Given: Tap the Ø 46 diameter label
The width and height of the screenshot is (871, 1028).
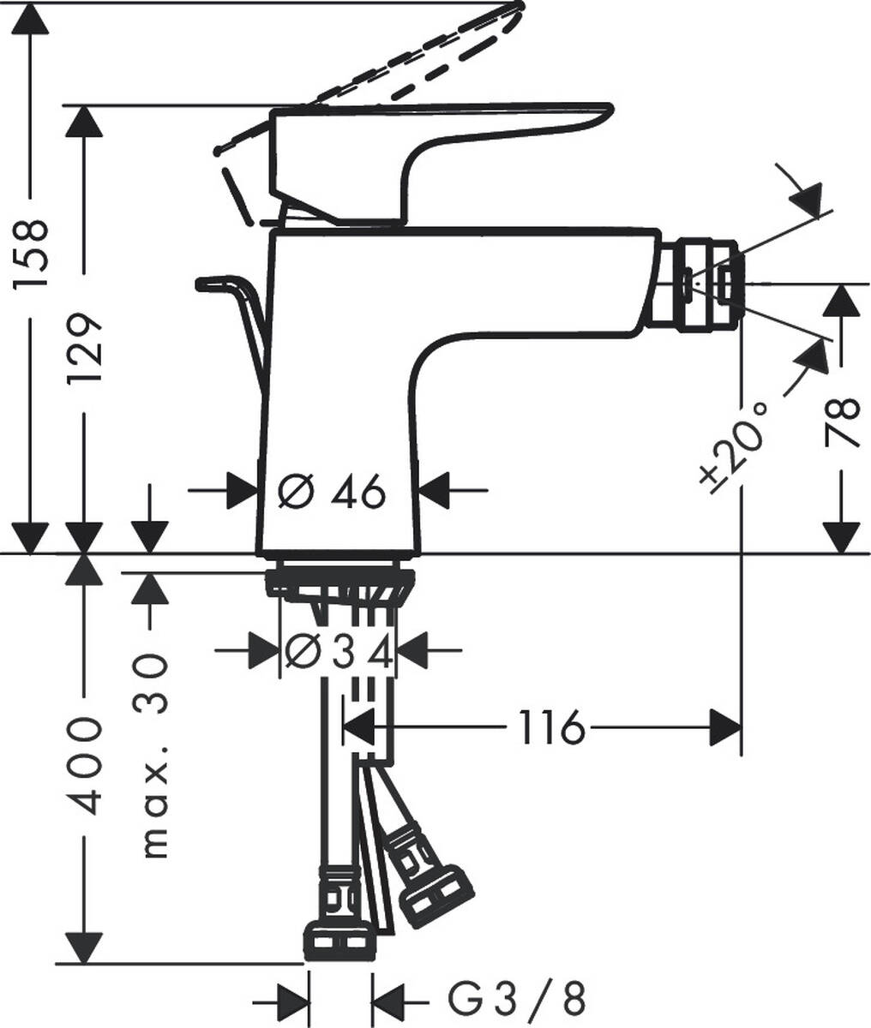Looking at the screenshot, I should tap(333, 492).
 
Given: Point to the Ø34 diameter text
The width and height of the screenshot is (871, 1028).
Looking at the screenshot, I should tap(339, 653).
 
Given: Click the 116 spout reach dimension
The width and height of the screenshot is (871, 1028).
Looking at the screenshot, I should tap(550, 729).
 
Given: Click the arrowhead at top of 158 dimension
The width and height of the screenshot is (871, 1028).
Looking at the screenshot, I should tap(33, 21).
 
